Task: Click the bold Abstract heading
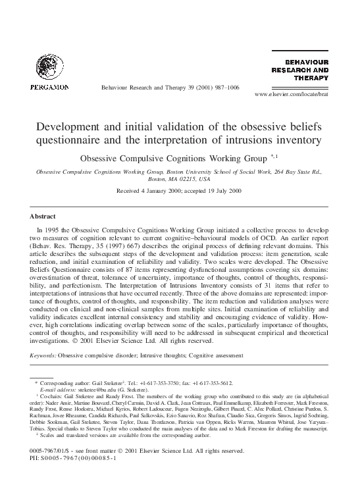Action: click(x=43, y=216)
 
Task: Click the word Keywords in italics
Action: click(x=43, y=355)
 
